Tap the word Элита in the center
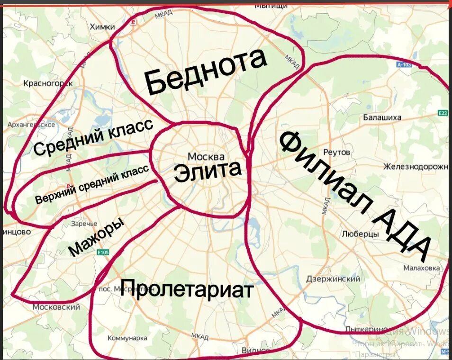pos(208,171)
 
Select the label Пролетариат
pos(187,288)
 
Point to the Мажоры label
pos(96,237)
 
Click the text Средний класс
pos(93,137)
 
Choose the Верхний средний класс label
pos(92,185)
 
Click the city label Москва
pos(206,156)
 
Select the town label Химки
pos(102,27)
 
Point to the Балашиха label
pos(382,117)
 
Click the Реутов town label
pos(336,152)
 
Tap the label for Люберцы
pos(360,234)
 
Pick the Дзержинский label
pos(333,279)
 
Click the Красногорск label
pos(48,83)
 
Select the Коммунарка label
pos(127,338)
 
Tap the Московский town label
pos(56,307)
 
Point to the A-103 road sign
pos(404,65)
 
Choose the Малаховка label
pos(421,268)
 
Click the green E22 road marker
pos(443,113)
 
